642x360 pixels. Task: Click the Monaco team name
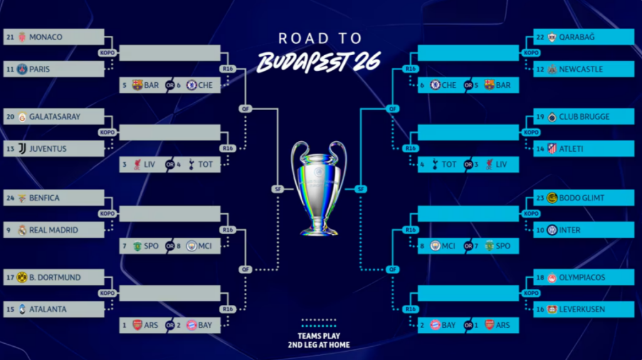[45, 37]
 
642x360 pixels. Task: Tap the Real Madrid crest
[22, 230]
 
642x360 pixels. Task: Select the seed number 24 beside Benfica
[10, 198]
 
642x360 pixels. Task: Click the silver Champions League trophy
[318, 188]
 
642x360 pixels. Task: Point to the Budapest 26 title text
[319, 62]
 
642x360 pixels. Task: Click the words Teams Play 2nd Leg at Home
[319, 341]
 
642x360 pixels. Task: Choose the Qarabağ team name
[577, 37]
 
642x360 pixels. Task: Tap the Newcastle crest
[552, 69]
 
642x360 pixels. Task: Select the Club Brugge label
[584, 117]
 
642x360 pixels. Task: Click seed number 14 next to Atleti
[540, 149]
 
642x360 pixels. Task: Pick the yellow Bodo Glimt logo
[552, 198]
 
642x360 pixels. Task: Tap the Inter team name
[569, 230]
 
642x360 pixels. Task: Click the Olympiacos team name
[582, 278]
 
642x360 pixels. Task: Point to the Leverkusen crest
[552, 310]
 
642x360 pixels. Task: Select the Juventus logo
[22, 149]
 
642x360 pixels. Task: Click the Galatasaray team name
[55, 117]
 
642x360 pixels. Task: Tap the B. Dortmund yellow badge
[22, 278]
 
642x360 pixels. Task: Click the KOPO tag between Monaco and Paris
[107, 53]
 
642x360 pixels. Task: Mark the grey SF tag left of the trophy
[278, 189]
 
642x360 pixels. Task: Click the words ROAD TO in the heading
[320, 38]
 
